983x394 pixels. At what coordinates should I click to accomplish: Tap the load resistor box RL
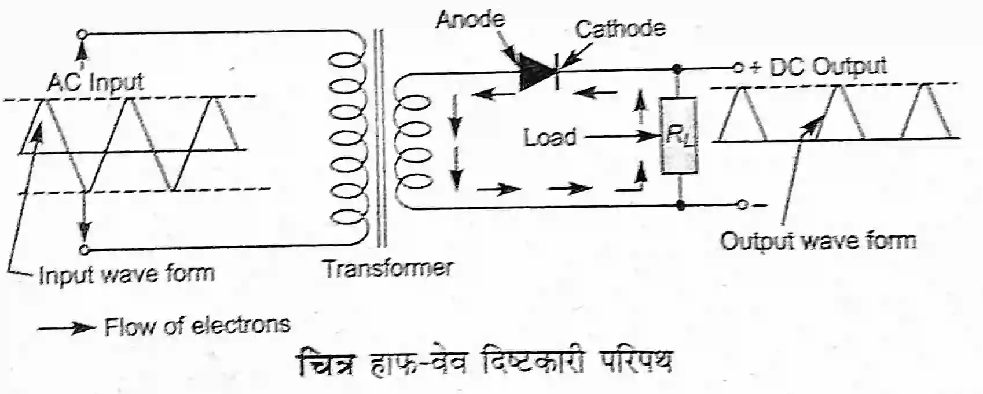[x=679, y=137]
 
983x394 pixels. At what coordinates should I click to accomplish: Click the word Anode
[x=470, y=20]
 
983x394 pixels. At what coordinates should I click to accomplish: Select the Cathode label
[x=620, y=28]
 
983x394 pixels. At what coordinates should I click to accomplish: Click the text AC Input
[x=96, y=83]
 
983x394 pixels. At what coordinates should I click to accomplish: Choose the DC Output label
[x=828, y=67]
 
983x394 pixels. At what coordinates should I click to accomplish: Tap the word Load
[x=550, y=138]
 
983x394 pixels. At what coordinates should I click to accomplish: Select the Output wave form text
[x=818, y=240]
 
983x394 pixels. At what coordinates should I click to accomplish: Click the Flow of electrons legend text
[x=197, y=326]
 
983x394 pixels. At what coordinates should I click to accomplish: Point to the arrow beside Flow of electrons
[x=65, y=328]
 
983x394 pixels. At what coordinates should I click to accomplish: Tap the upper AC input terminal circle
[x=83, y=34]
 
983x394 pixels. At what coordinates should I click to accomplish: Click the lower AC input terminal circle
[x=85, y=250]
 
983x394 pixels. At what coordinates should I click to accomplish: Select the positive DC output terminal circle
[x=738, y=68]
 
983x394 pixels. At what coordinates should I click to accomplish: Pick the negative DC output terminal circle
[x=743, y=205]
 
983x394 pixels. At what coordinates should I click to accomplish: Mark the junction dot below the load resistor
[x=681, y=205]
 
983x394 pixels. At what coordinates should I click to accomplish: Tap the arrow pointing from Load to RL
[x=622, y=137]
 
